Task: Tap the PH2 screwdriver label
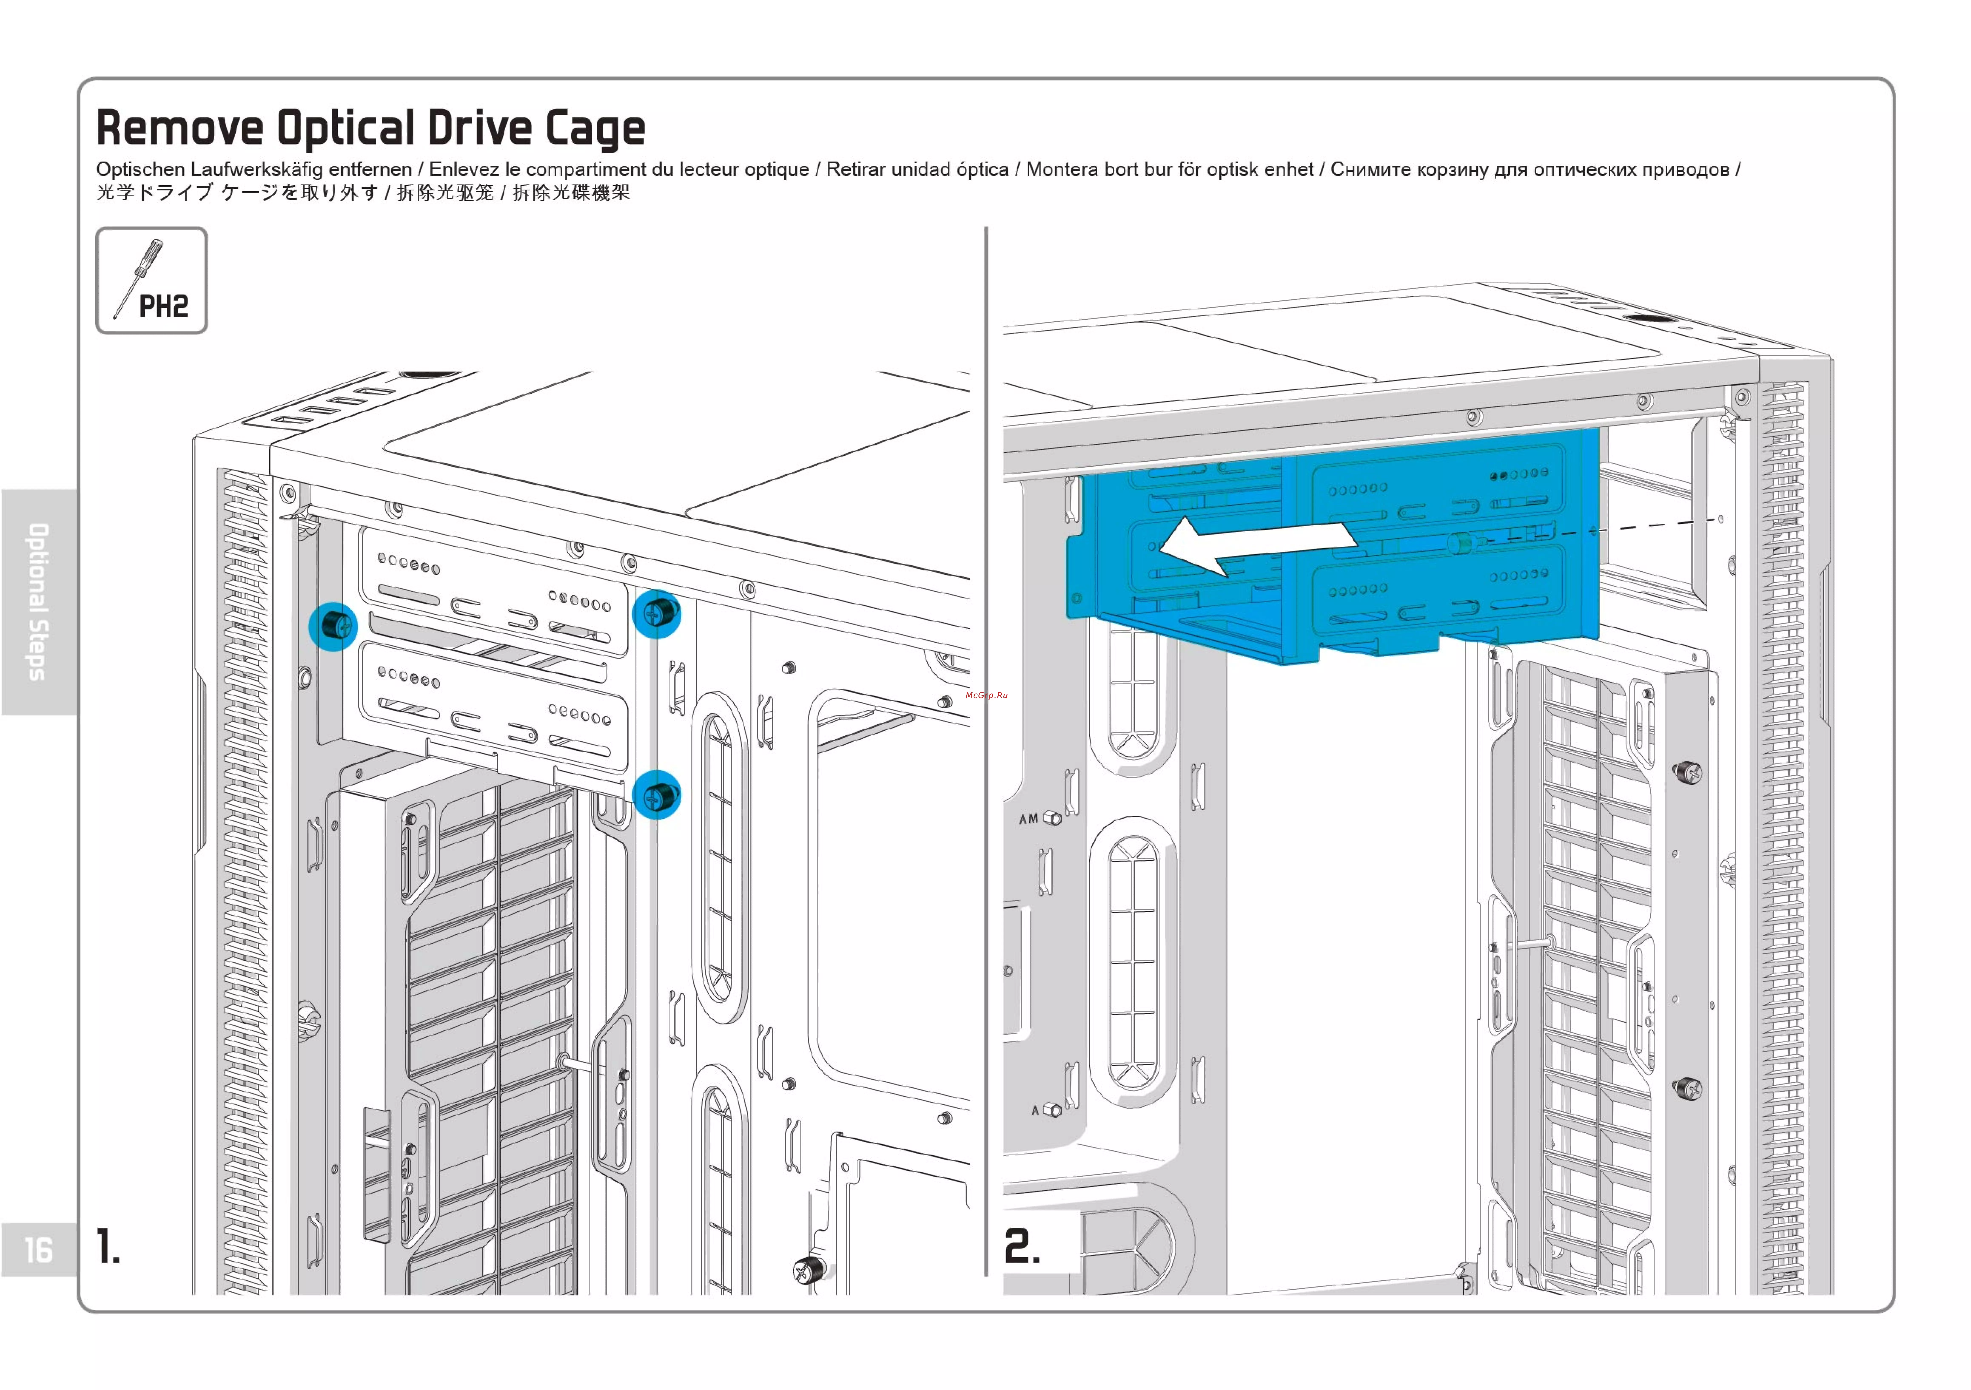(163, 306)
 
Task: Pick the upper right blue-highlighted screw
(657, 613)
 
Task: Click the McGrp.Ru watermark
(986, 695)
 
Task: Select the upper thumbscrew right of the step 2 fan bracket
(1688, 771)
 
